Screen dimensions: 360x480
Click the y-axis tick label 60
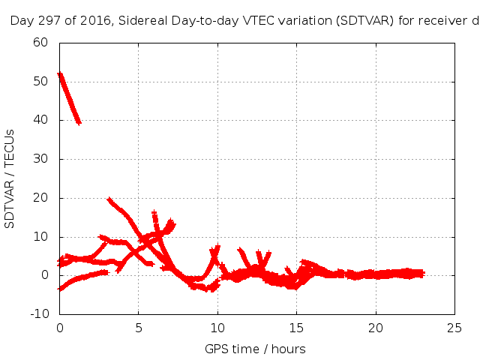(x=41, y=42)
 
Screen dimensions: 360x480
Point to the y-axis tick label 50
(x=41, y=81)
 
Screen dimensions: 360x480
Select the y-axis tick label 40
(x=41, y=120)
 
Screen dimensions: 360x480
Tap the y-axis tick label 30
(x=41, y=159)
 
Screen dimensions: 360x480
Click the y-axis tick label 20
(x=41, y=198)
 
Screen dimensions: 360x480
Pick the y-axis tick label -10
(x=39, y=314)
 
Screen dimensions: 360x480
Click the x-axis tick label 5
(x=139, y=328)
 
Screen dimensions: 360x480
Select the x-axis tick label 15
(x=296, y=328)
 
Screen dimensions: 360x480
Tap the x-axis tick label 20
(x=376, y=328)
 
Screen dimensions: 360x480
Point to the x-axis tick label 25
(x=454, y=328)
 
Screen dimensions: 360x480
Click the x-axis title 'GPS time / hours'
(x=255, y=349)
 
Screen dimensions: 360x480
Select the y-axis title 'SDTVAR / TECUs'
(x=10, y=178)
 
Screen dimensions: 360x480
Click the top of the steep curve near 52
(x=60, y=74)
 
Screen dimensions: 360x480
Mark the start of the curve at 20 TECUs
(x=109, y=199)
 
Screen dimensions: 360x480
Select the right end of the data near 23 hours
(x=421, y=274)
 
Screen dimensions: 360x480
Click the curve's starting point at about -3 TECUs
(x=60, y=288)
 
